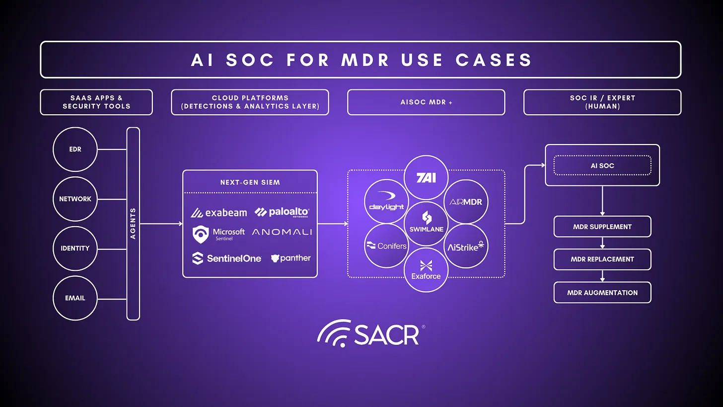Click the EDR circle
(x=75, y=149)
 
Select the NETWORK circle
(x=75, y=199)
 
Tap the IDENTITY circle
(x=75, y=248)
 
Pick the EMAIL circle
(x=75, y=298)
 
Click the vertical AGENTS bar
(x=133, y=224)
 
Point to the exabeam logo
(x=219, y=213)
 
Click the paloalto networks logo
(x=282, y=212)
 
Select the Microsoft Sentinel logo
(x=219, y=234)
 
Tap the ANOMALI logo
(x=282, y=232)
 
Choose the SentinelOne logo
(x=226, y=258)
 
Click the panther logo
(x=290, y=258)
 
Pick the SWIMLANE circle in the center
(x=426, y=223)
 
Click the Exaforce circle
(x=426, y=270)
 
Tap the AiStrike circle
(x=465, y=246)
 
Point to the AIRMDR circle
(x=466, y=202)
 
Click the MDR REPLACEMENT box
(x=602, y=259)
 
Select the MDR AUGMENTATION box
(x=602, y=293)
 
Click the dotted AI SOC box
(x=602, y=165)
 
